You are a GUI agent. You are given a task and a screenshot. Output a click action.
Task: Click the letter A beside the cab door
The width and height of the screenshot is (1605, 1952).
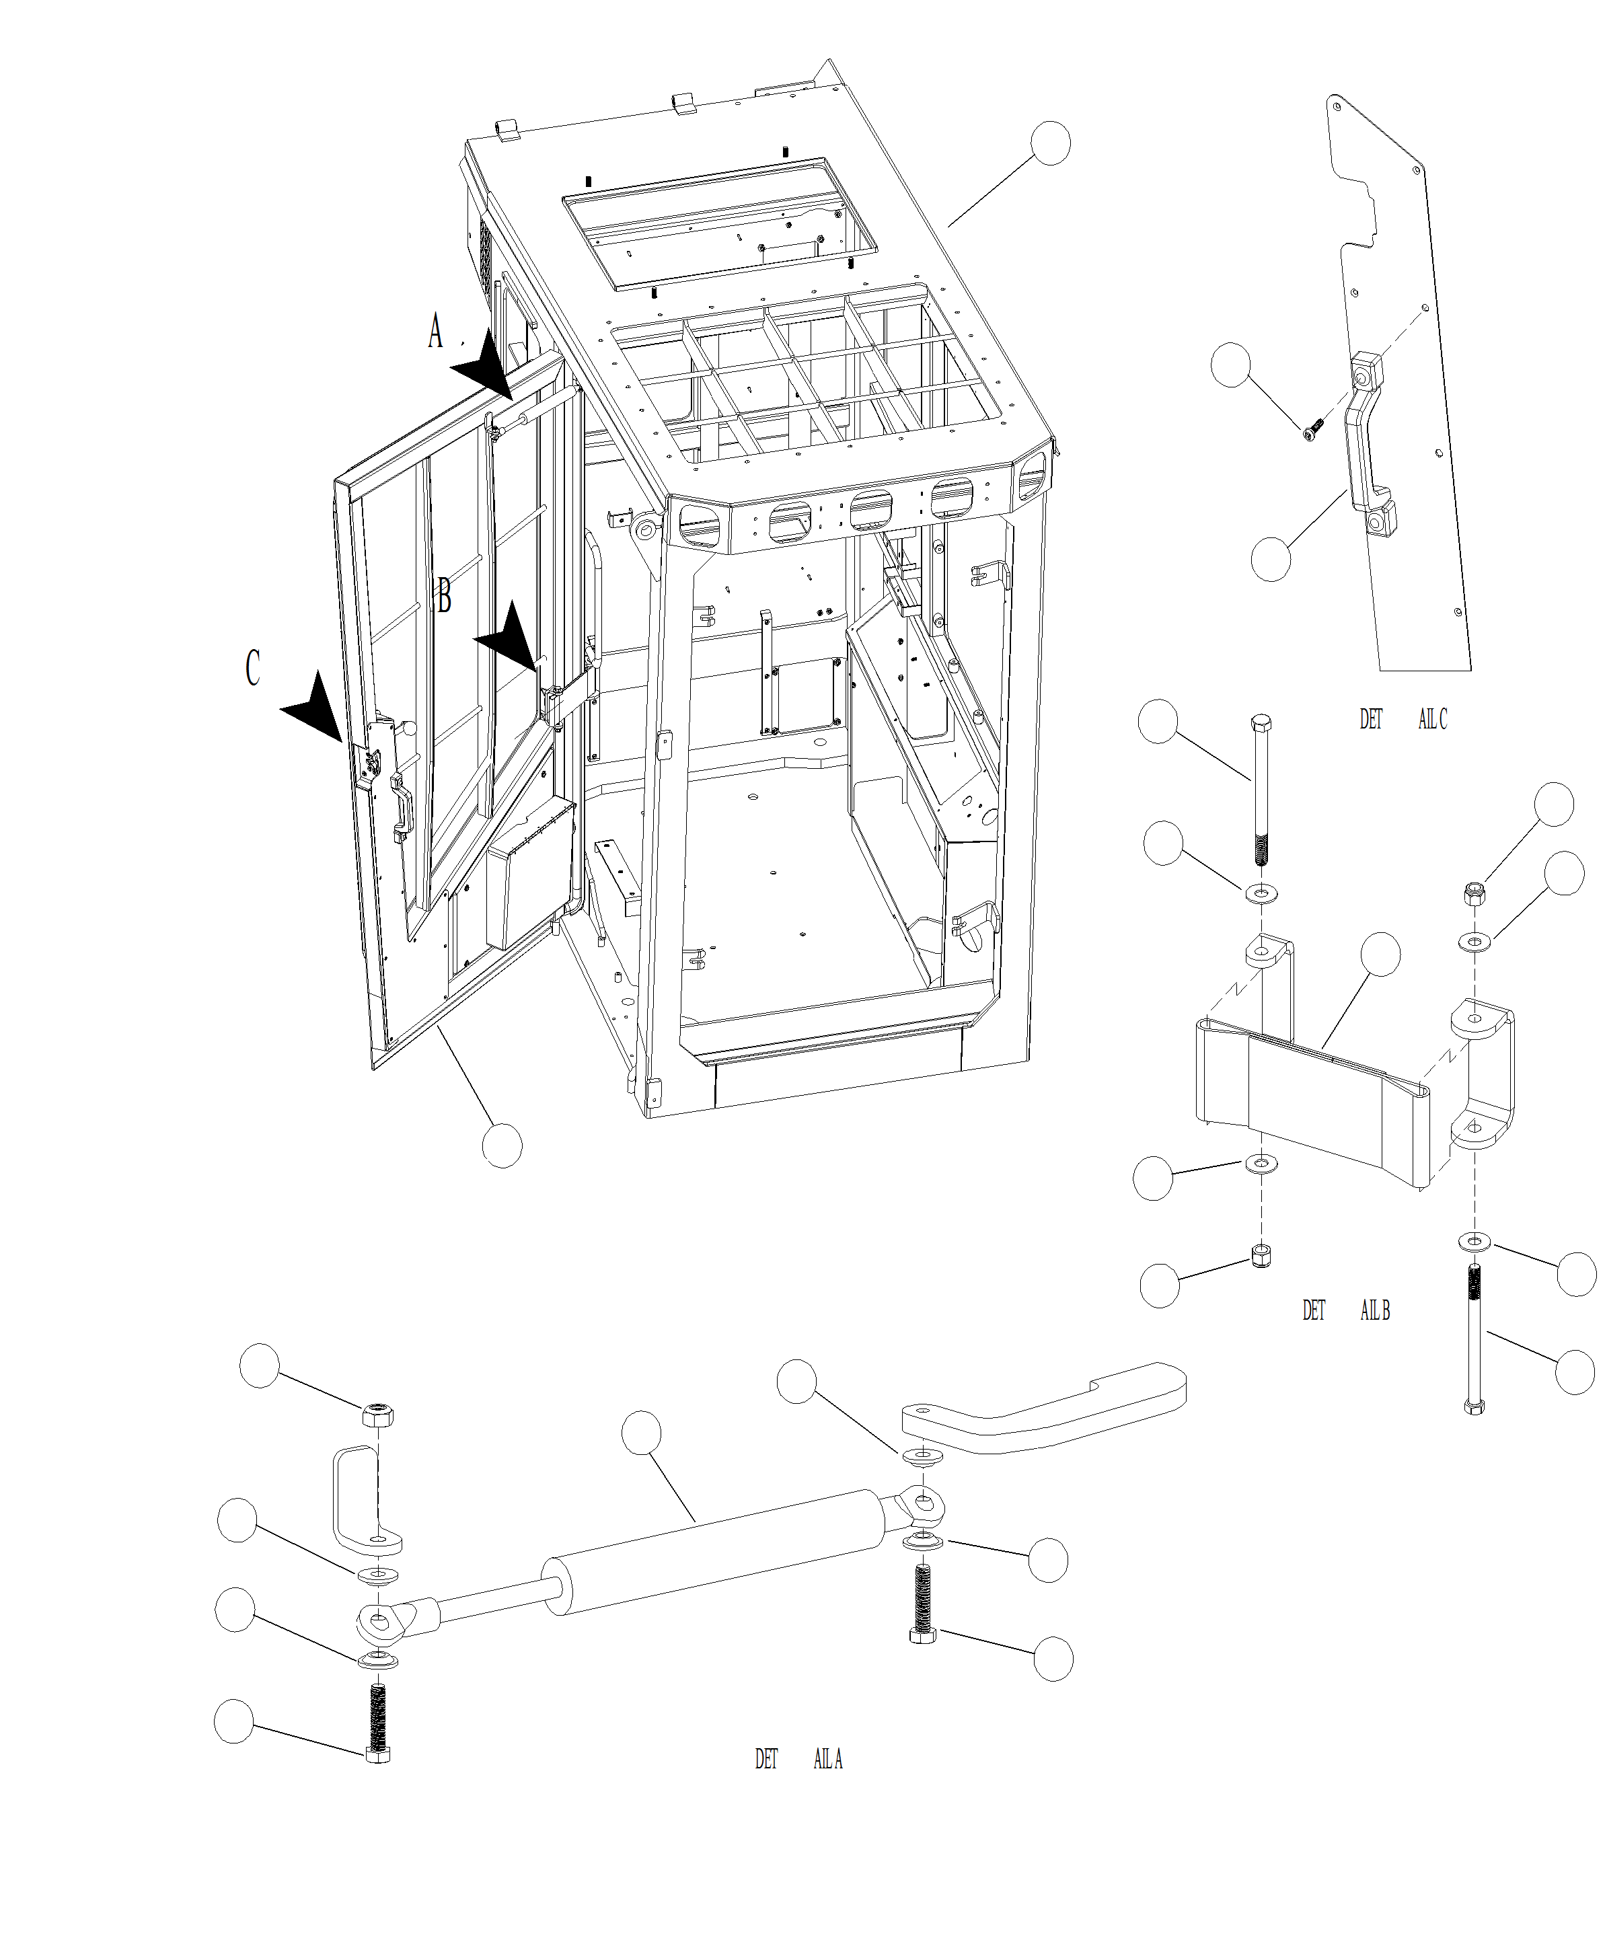[435, 331]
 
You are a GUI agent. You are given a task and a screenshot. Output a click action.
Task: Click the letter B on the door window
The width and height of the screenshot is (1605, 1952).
[444, 595]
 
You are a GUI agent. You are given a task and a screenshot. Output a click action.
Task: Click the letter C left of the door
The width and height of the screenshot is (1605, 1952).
[252, 667]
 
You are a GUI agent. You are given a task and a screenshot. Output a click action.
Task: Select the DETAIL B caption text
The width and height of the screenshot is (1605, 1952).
[1345, 1310]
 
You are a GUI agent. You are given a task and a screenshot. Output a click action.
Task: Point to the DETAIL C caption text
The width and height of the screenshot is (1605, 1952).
[1403, 718]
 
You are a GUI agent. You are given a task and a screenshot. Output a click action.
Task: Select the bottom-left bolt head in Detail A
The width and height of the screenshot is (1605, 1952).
[378, 1754]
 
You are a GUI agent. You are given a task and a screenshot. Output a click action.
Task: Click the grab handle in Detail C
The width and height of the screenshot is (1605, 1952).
[1366, 444]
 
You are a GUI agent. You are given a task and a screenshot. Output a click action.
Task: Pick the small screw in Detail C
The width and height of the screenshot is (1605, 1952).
[1313, 429]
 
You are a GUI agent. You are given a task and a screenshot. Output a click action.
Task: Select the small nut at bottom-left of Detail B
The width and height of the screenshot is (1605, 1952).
[1260, 1255]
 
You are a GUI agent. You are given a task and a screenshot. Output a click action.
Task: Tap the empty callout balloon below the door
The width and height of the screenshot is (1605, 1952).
[502, 1146]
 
